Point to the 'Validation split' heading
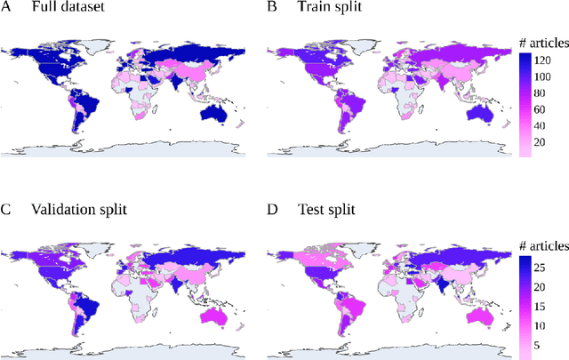[80, 211]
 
